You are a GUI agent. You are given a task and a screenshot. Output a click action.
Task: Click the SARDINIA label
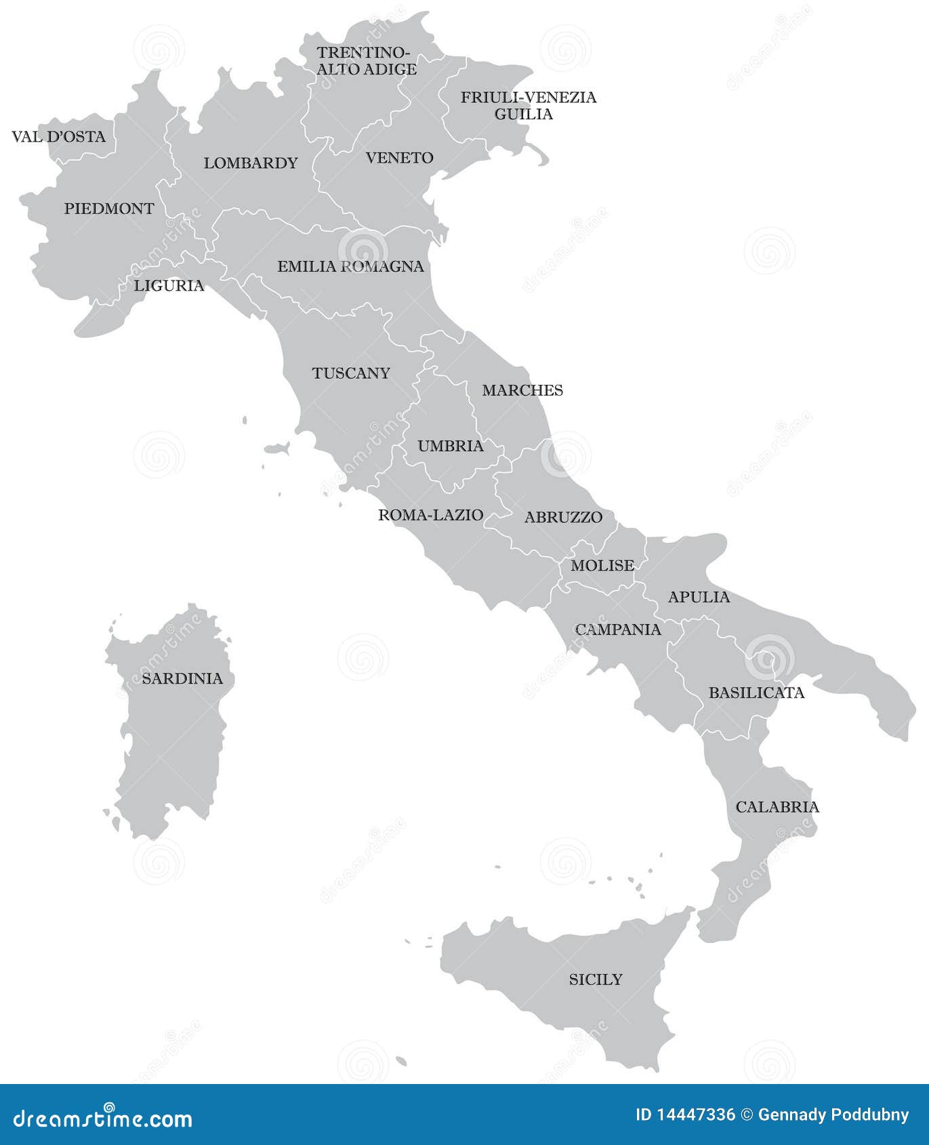tap(182, 678)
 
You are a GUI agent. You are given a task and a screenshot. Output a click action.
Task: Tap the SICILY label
tap(595, 979)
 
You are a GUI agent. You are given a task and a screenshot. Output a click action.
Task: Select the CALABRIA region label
tap(777, 807)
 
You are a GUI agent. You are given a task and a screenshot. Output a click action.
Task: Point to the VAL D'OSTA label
tap(59, 137)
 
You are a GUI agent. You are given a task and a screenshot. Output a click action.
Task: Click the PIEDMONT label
tap(109, 209)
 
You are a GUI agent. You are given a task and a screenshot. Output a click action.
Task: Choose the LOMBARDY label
tap(251, 163)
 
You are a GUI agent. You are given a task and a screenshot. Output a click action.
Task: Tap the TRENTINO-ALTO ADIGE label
tap(367, 61)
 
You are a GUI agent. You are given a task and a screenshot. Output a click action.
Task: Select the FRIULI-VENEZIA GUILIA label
tap(528, 106)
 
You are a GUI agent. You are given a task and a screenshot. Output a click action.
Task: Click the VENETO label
tap(399, 158)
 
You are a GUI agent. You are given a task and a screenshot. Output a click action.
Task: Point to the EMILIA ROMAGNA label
tap(350, 267)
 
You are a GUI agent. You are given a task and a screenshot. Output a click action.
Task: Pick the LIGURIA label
tap(169, 285)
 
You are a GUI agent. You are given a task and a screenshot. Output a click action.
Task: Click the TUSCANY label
tap(351, 373)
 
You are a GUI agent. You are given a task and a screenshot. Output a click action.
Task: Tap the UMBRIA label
tap(451, 446)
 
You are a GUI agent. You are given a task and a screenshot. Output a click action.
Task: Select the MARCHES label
tap(522, 390)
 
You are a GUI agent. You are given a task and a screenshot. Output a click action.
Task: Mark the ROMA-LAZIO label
tap(430, 515)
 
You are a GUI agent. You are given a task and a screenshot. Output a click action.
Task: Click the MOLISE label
tap(602, 565)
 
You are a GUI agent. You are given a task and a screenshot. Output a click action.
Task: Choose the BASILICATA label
tap(756, 692)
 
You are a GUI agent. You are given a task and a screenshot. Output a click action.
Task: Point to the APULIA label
tap(699, 597)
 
